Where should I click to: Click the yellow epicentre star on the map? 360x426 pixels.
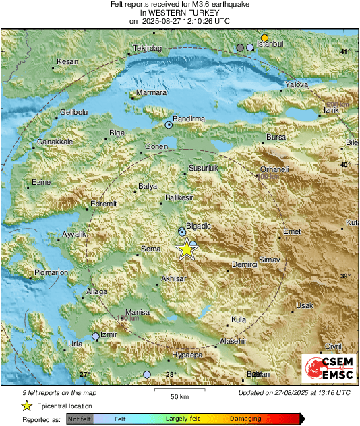(x=186, y=250)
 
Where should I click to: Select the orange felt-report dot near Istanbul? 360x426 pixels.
(x=265, y=38)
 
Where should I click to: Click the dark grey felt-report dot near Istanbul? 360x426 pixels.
(x=240, y=48)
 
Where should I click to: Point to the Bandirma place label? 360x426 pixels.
(x=189, y=119)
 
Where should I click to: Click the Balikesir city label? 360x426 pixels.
(x=179, y=198)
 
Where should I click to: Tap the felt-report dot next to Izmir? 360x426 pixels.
(x=96, y=336)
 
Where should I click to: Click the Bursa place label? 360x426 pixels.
(x=277, y=137)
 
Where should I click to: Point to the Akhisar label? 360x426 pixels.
(x=173, y=278)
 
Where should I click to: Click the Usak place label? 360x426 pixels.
(x=305, y=306)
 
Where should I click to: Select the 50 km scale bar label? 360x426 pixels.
(x=179, y=396)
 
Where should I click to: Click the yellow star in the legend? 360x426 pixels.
(x=26, y=406)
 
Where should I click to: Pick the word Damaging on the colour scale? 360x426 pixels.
(x=241, y=419)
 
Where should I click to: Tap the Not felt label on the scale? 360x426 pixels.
(x=80, y=419)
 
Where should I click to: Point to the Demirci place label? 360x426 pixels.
(x=245, y=265)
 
